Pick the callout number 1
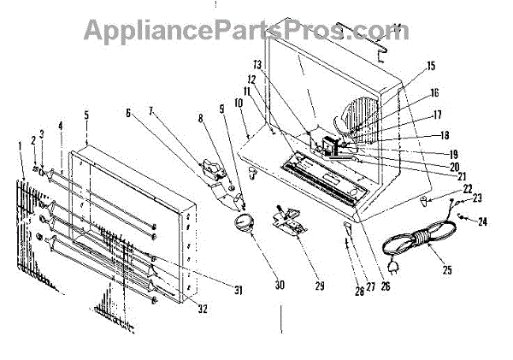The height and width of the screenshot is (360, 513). pyautogui.click(x=21, y=145)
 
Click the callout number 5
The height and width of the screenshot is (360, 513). pyautogui.click(x=86, y=115)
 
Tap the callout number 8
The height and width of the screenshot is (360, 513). pyautogui.click(x=202, y=118)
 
